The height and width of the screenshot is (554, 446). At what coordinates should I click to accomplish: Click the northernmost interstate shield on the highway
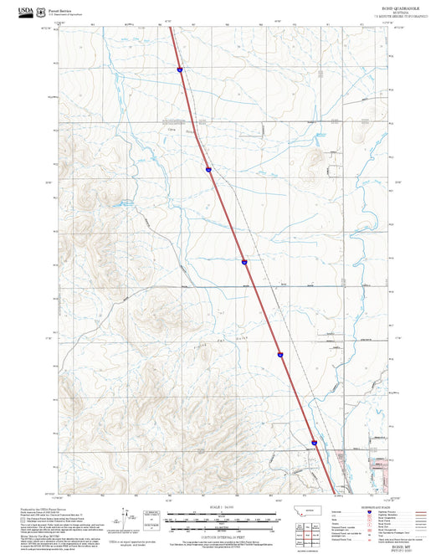click(x=180, y=71)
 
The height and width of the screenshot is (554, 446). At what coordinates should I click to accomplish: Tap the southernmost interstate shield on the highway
click(x=315, y=442)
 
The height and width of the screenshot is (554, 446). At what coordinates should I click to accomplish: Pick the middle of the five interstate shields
click(x=244, y=262)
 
